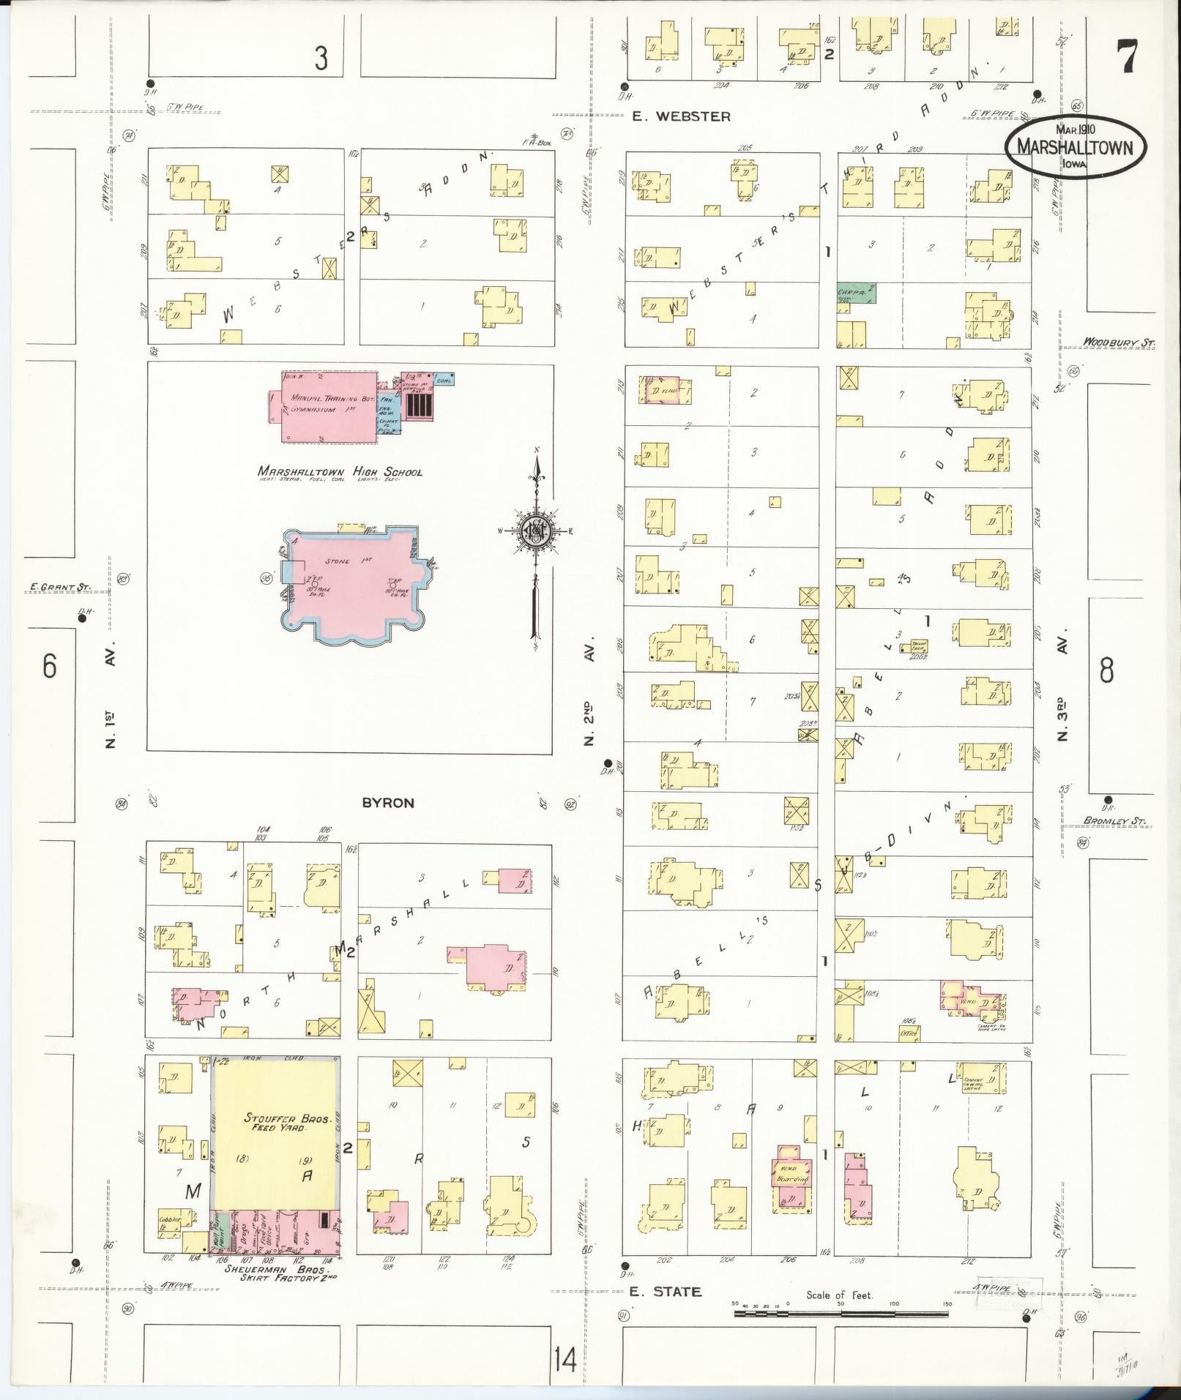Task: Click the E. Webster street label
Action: coord(681,116)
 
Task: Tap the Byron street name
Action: coord(388,803)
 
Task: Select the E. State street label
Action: coord(666,1292)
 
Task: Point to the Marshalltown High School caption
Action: coord(340,472)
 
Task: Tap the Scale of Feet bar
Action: coord(843,1312)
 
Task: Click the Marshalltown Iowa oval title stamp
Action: coord(1074,146)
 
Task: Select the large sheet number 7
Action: coord(1126,57)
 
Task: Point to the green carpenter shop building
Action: coord(857,293)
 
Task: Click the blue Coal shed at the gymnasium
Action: coord(444,379)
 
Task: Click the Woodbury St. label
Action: coord(1117,342)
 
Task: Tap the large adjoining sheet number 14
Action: coord(565,1361)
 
